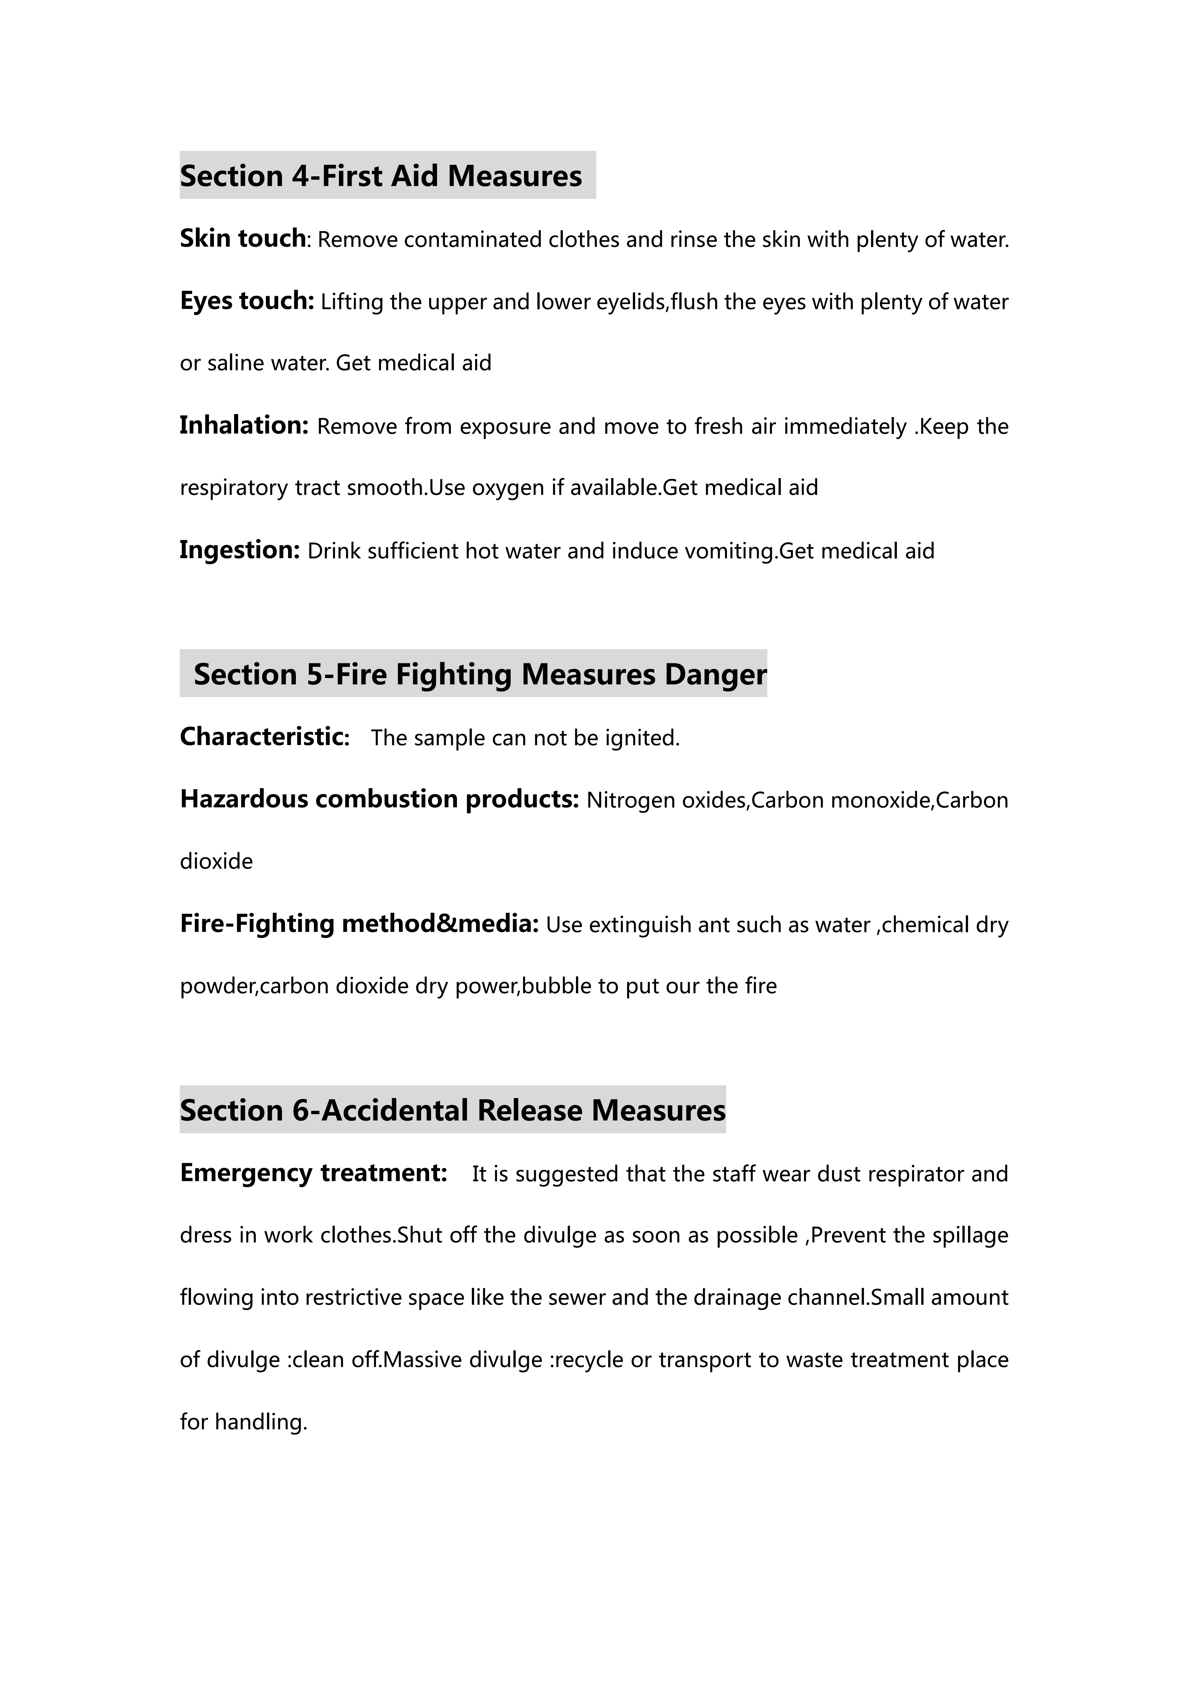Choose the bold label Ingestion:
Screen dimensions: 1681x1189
239,550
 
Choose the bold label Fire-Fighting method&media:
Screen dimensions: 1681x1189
359,924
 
